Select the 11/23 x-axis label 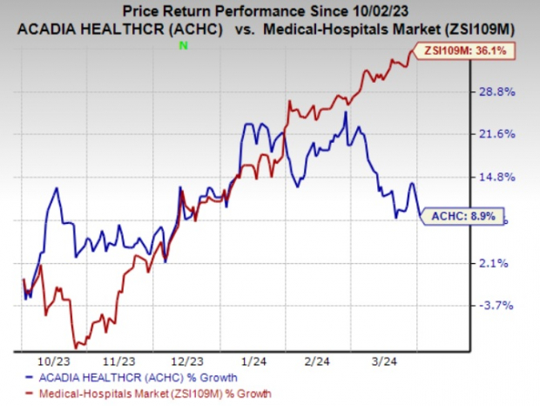tap(118, 360)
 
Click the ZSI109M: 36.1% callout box tap(469, 51)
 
